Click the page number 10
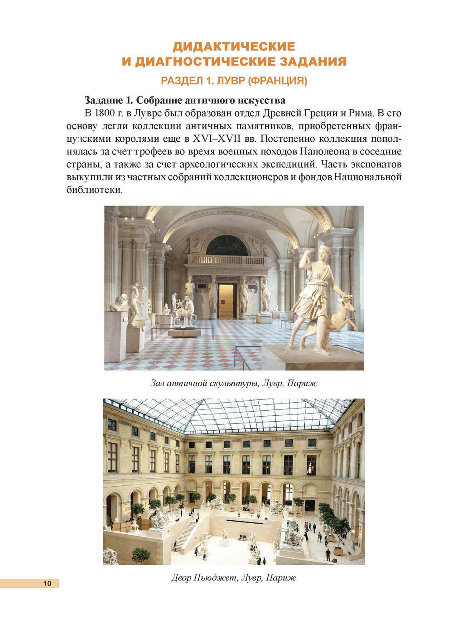point(48,583)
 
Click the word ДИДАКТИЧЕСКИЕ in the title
point(234,47)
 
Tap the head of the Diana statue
point(325,252)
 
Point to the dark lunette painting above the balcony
point(226,246)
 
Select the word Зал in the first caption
point(157,383)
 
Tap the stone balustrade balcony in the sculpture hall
point(226,260)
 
